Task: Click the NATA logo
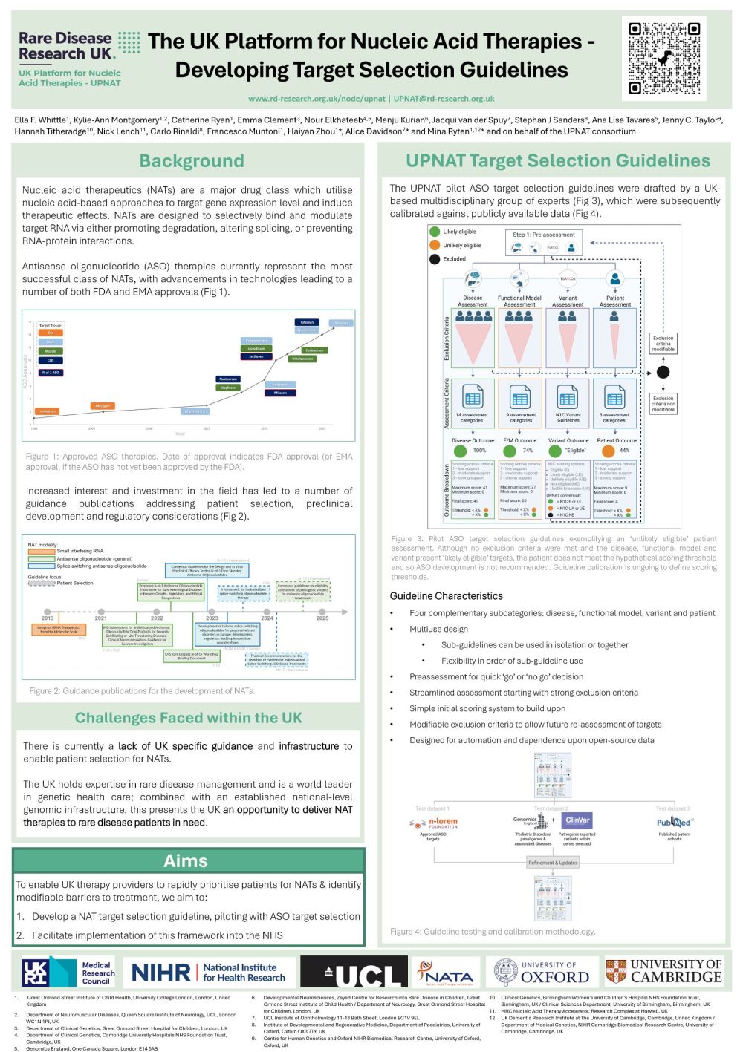pos(446,972)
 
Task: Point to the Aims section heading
pos(186,860)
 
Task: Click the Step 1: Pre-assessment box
pos(544,235)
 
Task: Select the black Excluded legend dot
pos(435,259)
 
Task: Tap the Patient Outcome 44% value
pos(624,450)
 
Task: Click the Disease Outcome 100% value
pos(479,450)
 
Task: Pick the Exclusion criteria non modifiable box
pos(663,403)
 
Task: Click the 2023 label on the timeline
pos(212,618)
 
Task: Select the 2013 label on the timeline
pos(48,618)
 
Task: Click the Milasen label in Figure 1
pos(280,393)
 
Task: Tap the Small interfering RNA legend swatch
pos(41,551)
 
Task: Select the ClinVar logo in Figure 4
pos(577,820)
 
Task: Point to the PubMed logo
pos(673,822)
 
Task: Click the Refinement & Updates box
pos(552,863)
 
